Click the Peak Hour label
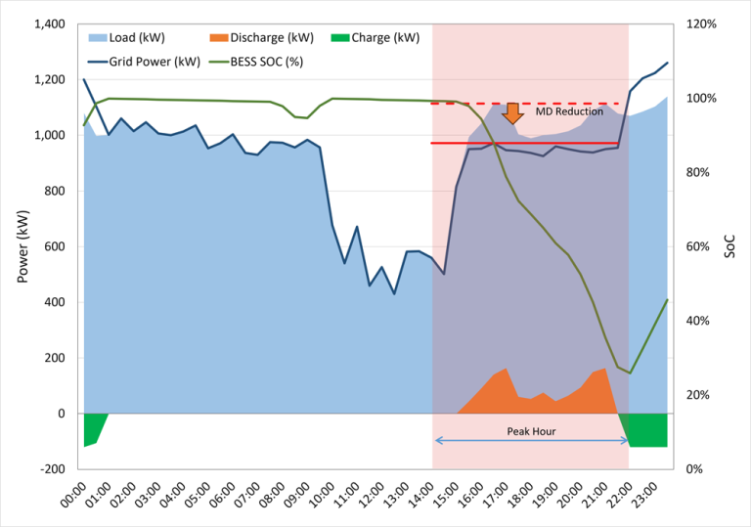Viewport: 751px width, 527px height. (531, 431)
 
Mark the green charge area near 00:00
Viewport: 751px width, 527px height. (92, 428)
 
